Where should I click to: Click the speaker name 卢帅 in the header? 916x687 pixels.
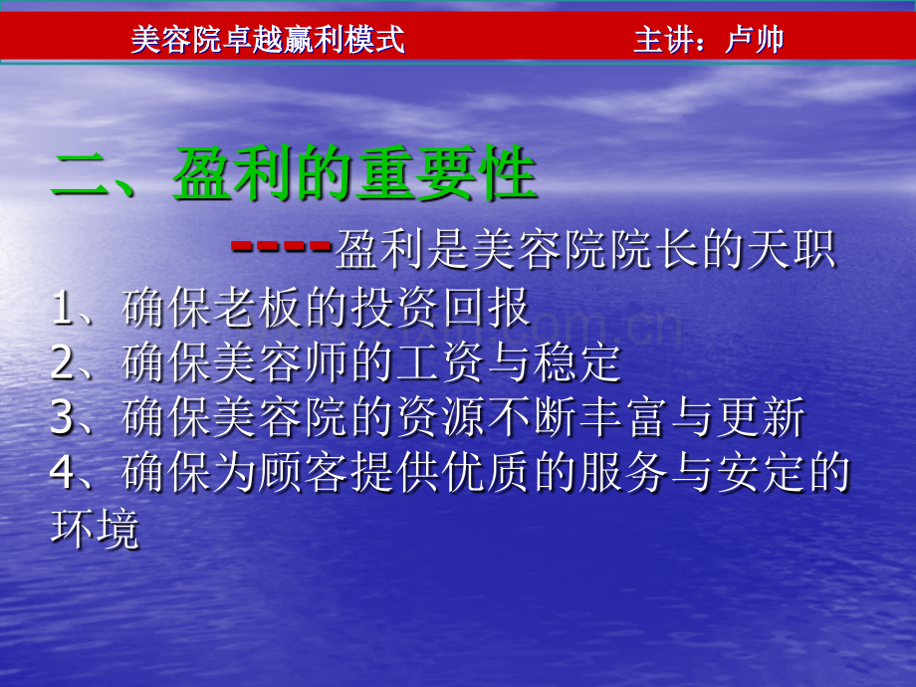(x=755, y=40)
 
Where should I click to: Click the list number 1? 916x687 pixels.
(x=63, y=309)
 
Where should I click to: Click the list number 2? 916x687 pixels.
(x=63, y=363)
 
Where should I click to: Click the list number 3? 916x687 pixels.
(x=63, y=418)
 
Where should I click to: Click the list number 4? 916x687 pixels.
(x=63, y=473)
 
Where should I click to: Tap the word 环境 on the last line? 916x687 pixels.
(x=95, y=529)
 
